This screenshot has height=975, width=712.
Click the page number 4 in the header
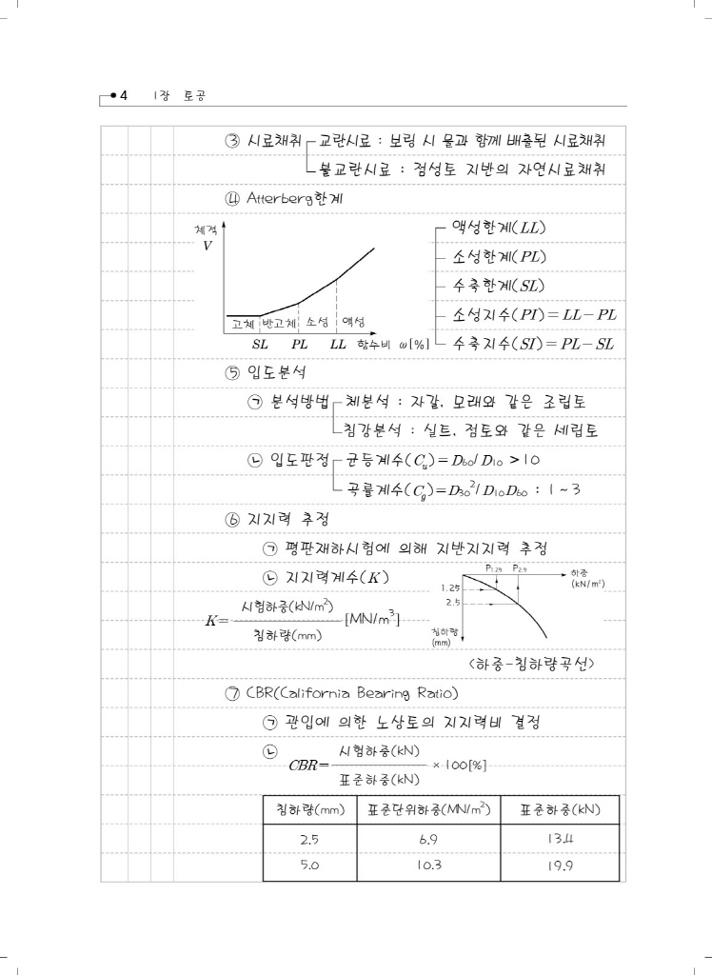(x=125, y=95)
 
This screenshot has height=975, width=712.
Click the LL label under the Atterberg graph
(x=338, y=343)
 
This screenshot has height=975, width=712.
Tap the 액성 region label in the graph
(x=354, y=322)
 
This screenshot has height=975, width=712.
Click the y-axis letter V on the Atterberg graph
(x=208, y=246)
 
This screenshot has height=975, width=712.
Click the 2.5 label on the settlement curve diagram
(x=453, y=603)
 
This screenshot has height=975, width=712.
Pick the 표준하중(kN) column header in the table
(x=559, y=809)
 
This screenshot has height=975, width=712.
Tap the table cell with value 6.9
(x=427, y=840)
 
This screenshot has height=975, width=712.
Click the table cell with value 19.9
(x=559, y=867)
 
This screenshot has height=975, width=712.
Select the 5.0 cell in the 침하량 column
(x=308, y=867)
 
